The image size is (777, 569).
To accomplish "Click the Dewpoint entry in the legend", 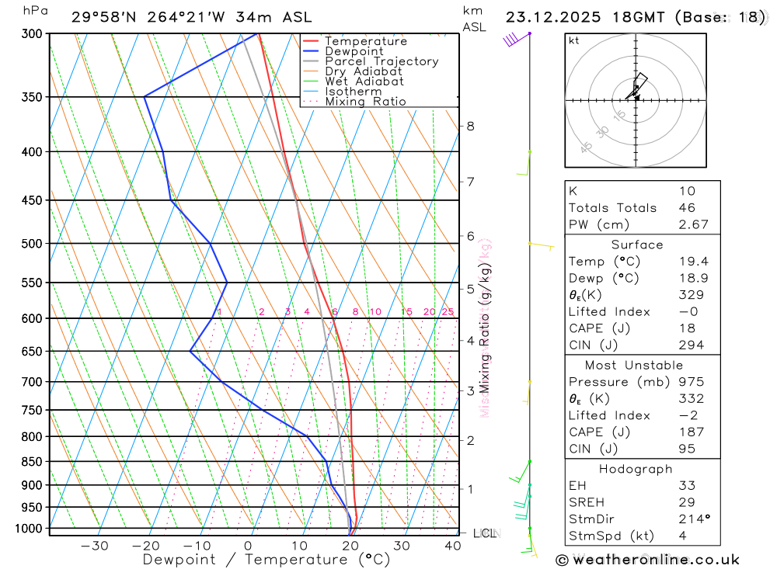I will (x=354, y=51).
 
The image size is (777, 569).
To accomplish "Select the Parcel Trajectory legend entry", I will (x=382, y=61).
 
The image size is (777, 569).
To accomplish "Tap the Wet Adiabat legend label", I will (x=364, y=82).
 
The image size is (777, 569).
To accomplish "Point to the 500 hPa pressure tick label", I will (x=32, y=244).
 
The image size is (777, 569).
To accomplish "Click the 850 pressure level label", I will (x=32, y=462).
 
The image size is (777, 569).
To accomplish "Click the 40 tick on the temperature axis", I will (x=452, y=546).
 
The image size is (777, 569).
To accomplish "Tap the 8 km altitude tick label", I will (x=470, y=126).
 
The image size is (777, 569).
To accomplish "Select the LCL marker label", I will (x=486, y=533).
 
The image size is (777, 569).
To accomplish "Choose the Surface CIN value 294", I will (x=691, y=345).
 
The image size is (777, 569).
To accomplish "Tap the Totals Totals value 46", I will (x=686, y=208).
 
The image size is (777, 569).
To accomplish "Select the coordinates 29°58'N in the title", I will (x=105, y=17).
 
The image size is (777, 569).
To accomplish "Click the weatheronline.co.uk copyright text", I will (x=647, y=560).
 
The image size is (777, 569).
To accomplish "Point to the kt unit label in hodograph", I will (x=574, y=40).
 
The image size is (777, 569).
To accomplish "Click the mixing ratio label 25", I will (x=448, y=312).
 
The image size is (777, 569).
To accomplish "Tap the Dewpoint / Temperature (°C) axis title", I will (x=266, y=560).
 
